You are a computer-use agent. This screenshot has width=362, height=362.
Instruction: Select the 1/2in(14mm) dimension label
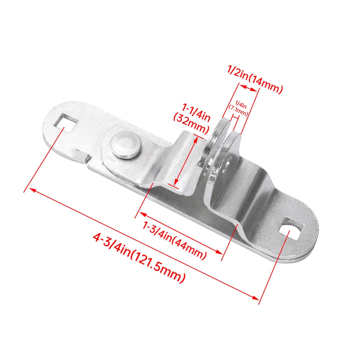(255, 80)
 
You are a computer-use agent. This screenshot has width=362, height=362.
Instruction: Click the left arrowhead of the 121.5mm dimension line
(31, 190)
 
